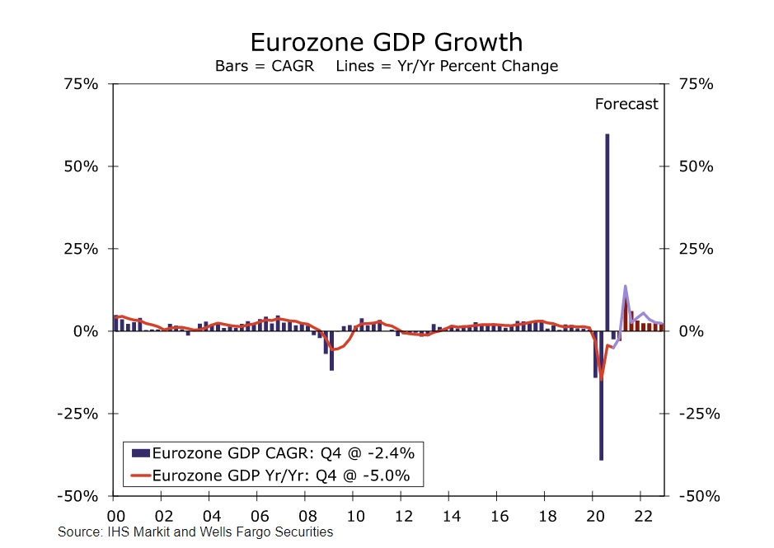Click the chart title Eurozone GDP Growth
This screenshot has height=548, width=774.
click(386, 42)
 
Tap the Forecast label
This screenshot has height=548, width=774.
click(626, 104)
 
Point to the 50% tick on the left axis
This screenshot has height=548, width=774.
click(82, 166)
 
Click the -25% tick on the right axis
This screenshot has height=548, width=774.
click(698, 414)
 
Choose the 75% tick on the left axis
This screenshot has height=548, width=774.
click(82, 84)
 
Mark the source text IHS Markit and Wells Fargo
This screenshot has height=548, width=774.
click(195, 532)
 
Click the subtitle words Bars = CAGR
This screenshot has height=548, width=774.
click(265, 66)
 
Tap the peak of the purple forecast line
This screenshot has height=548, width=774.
click(626, 286)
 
